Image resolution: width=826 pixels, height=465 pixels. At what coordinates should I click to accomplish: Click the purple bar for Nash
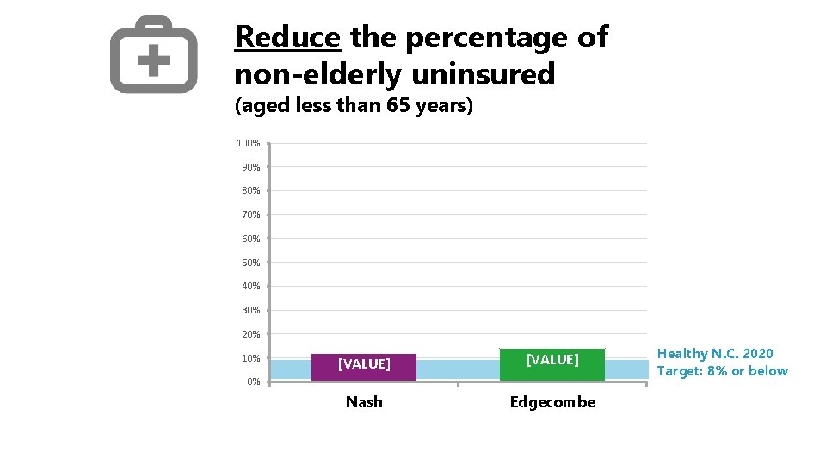point(364,366)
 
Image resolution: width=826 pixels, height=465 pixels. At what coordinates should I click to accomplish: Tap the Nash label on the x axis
point(364,402)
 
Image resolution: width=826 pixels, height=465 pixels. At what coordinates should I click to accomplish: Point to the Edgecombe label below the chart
point(552,402)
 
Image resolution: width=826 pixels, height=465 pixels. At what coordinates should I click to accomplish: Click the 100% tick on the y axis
point(249,143)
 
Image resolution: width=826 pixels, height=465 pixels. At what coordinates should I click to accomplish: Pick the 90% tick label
point(250,167)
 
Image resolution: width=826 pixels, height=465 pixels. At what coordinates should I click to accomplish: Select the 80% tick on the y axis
point(250,190)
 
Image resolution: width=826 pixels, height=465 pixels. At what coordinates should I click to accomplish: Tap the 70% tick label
point(250,214)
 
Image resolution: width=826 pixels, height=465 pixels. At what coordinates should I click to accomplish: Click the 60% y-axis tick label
point(250,239)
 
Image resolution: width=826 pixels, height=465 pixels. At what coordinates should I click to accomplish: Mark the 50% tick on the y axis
point(250,263)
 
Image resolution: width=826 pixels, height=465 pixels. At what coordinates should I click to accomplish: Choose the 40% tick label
point(250,286)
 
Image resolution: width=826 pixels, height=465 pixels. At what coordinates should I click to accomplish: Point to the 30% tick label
point(250,310)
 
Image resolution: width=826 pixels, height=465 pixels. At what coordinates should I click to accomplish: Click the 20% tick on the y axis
point(250,334)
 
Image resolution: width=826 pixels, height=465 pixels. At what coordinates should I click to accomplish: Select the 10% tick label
point(250,358)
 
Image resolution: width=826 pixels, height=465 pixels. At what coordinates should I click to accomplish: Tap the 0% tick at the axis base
point(253,381)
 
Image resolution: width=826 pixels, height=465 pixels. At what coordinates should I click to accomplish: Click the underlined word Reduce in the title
point(288,38)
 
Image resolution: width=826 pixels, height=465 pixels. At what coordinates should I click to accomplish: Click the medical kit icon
point(153,54)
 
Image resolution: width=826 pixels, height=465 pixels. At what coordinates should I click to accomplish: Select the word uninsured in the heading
point(484,75)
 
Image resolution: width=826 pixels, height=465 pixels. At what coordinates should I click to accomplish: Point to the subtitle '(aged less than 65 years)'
point(354,108)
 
